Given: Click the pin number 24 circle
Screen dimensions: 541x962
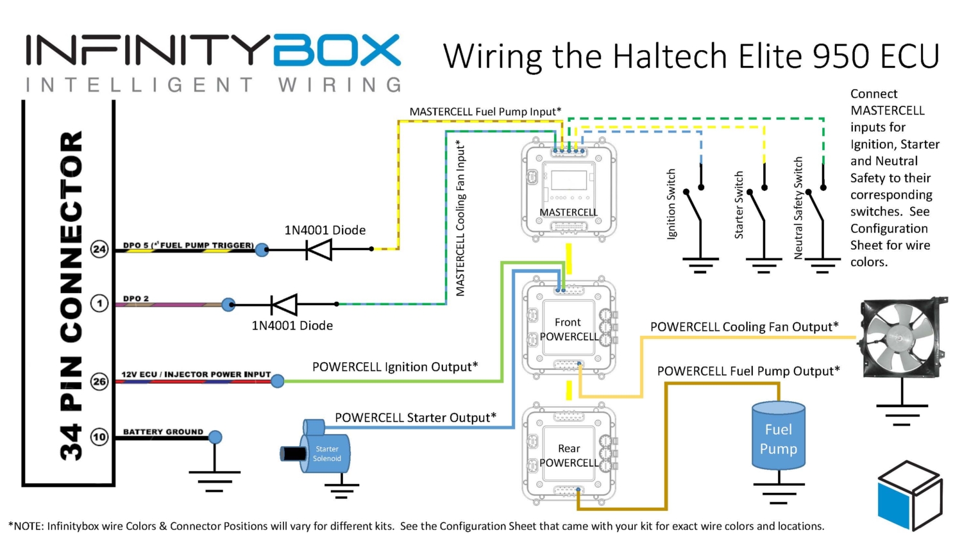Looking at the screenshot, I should tap(99, 249).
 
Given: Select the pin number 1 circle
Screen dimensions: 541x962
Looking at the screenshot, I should tap(99, 303).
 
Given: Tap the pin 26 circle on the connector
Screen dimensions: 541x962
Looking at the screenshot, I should tap(99, 381).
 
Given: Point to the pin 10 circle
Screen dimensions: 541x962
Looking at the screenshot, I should tap(99, 437).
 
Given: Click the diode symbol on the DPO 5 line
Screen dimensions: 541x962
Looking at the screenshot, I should tap(319, 249).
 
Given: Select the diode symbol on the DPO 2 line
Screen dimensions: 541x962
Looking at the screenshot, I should tap(283, 304).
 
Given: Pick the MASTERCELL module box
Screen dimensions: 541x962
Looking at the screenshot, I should tap(568, 190).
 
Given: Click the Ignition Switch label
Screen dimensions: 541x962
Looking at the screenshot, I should tap(671, 204).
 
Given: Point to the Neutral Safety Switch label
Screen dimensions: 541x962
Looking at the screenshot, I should tap(798, 208).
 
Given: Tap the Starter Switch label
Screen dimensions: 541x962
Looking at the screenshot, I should tap(739, 205).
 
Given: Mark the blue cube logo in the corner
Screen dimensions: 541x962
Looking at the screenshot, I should tap(909, 495).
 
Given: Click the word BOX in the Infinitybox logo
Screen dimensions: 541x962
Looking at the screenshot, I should tap(337, 51).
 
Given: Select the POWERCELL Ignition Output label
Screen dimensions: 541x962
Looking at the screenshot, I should tap(394, 367).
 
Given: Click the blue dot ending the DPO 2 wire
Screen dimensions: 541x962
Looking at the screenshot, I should tap(228, 304).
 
